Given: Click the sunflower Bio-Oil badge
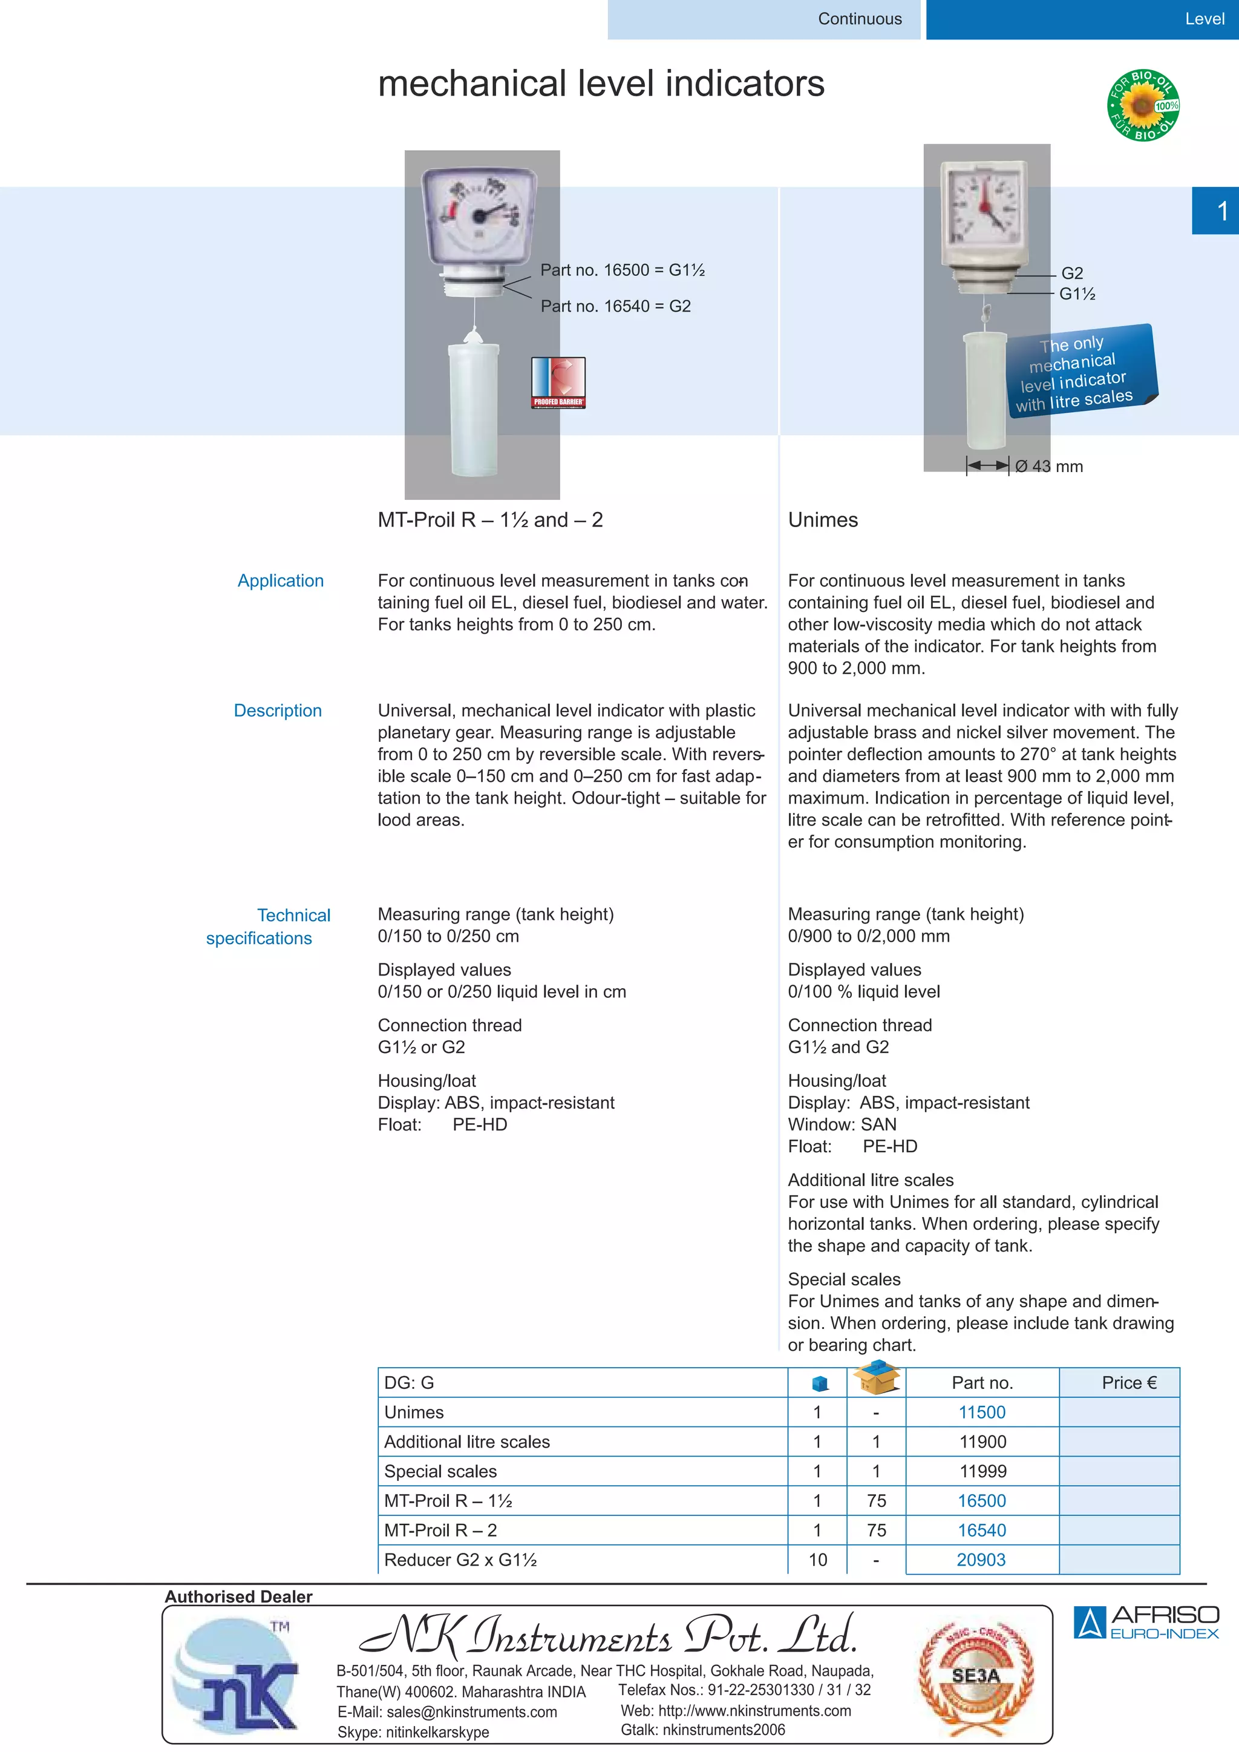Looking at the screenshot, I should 1142,105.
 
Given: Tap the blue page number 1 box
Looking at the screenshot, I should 1215,211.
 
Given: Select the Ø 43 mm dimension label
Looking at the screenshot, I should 1048,466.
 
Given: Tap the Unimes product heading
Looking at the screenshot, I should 822,520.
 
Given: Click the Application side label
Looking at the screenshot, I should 280,581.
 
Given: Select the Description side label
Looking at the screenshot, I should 278,710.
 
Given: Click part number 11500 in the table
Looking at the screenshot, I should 981,1412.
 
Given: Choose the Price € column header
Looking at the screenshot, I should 1128,1383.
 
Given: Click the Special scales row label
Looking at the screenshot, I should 440,1471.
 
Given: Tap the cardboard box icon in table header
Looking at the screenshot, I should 876,1378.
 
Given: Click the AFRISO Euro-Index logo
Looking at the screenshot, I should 1145,1622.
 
